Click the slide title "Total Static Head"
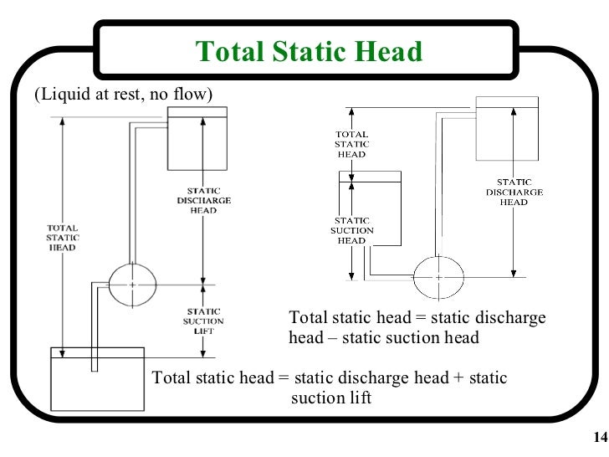click(309, 52)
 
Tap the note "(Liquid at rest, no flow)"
click(123, 94)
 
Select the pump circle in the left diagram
click(132, 285)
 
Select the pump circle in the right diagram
click(438, 276)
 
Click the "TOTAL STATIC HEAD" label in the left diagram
click(63, 237)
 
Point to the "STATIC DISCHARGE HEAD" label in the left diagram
click(204, 200)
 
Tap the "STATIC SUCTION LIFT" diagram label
click(202, 321)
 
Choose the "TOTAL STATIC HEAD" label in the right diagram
click(351, 144)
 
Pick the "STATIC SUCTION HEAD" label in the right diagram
click(351, 229)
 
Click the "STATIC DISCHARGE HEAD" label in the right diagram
click(514, 192)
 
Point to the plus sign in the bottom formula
click(457, 377)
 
